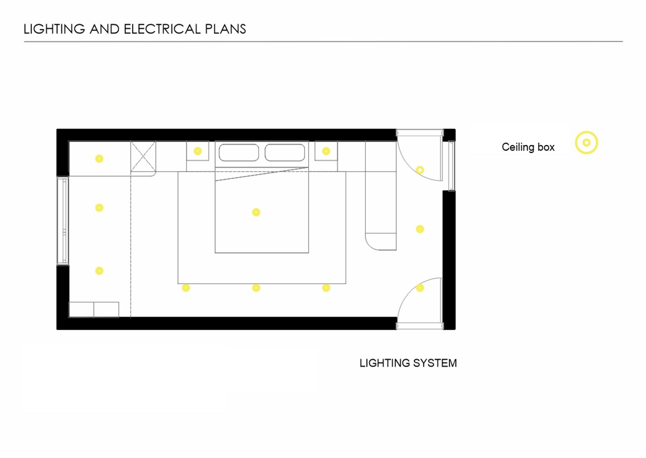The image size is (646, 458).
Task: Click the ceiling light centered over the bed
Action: [256, 212]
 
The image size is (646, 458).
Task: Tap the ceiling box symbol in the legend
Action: [586, 143]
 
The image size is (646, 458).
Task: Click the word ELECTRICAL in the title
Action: [162, 29]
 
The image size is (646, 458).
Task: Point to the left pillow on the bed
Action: [239, 153]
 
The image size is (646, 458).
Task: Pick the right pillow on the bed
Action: [285, 153]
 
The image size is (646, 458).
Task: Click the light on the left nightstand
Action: [198, 151]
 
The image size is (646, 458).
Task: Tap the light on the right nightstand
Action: [326, 151]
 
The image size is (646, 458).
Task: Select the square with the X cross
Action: [143, 156]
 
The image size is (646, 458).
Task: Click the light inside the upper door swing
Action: [420, 170]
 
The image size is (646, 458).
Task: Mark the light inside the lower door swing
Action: [420, 288]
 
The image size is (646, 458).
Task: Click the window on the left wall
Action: [63, 221]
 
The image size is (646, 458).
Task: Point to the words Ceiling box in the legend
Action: [528, 147]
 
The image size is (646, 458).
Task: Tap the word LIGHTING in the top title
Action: [54, 29]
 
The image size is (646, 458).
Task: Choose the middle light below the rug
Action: [256, 288]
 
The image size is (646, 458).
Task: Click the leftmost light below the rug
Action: [186, 288]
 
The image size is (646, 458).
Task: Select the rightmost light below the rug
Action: [326, 288]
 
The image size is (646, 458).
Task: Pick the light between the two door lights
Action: [420, 229]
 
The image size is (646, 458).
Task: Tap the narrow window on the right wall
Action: [452, 166]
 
